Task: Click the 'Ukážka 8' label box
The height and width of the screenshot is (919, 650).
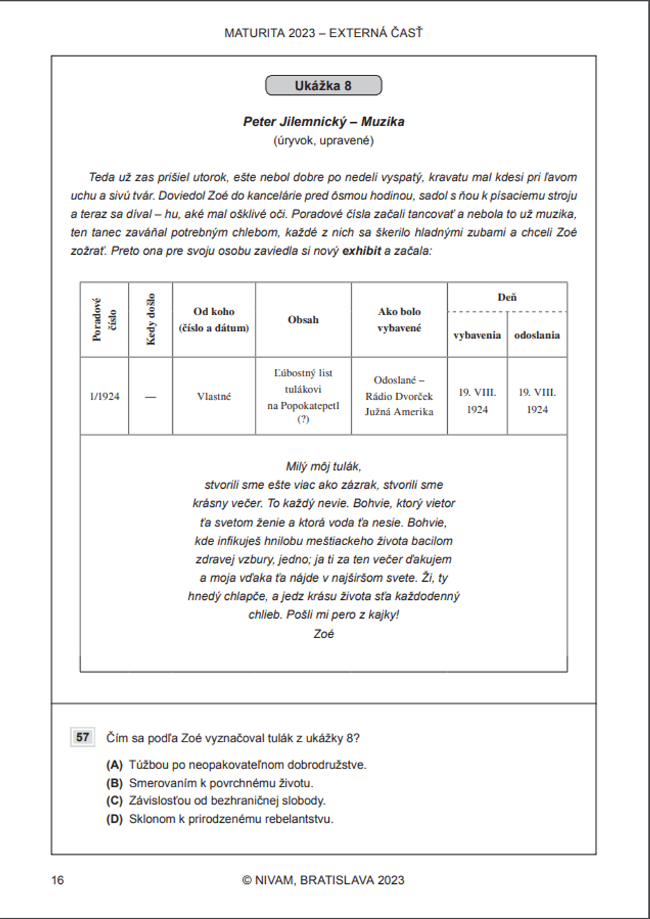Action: click(x=323, y=86)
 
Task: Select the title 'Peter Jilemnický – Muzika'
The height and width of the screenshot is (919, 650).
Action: click(x=323, y=122)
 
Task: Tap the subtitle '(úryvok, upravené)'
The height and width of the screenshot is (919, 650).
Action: click(x=323, y=140)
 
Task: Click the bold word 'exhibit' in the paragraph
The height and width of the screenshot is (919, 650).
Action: click(x=361, y=251)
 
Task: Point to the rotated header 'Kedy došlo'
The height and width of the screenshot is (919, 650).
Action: click(x=151, y=319)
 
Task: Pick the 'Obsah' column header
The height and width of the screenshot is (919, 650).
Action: click(x=303, y=320)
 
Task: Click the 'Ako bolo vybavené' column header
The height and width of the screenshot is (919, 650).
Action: click(x=399, y=320)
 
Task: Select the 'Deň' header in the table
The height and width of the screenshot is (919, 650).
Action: click(x=507, y=297)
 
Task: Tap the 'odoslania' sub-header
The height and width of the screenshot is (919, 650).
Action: click(x=537, y=335)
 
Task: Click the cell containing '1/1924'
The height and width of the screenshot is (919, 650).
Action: click(x=105, y=396)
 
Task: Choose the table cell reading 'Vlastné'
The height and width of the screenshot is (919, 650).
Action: click(x=214, y=396)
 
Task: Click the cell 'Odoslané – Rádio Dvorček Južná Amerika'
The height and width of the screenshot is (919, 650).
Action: click(x=399, y=396)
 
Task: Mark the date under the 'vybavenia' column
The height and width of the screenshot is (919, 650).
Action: click(x=477, y=401)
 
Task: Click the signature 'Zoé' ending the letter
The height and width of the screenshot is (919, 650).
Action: click(x=323, y=634)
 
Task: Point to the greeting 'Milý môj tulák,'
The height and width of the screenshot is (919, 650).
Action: click(x=323, y=467)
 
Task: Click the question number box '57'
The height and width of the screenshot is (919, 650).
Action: click(x=83, y=738)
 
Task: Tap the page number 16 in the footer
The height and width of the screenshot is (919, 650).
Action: click(x=58, y=880)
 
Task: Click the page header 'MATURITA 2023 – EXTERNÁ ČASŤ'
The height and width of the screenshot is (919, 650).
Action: click(x=323, y=33)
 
